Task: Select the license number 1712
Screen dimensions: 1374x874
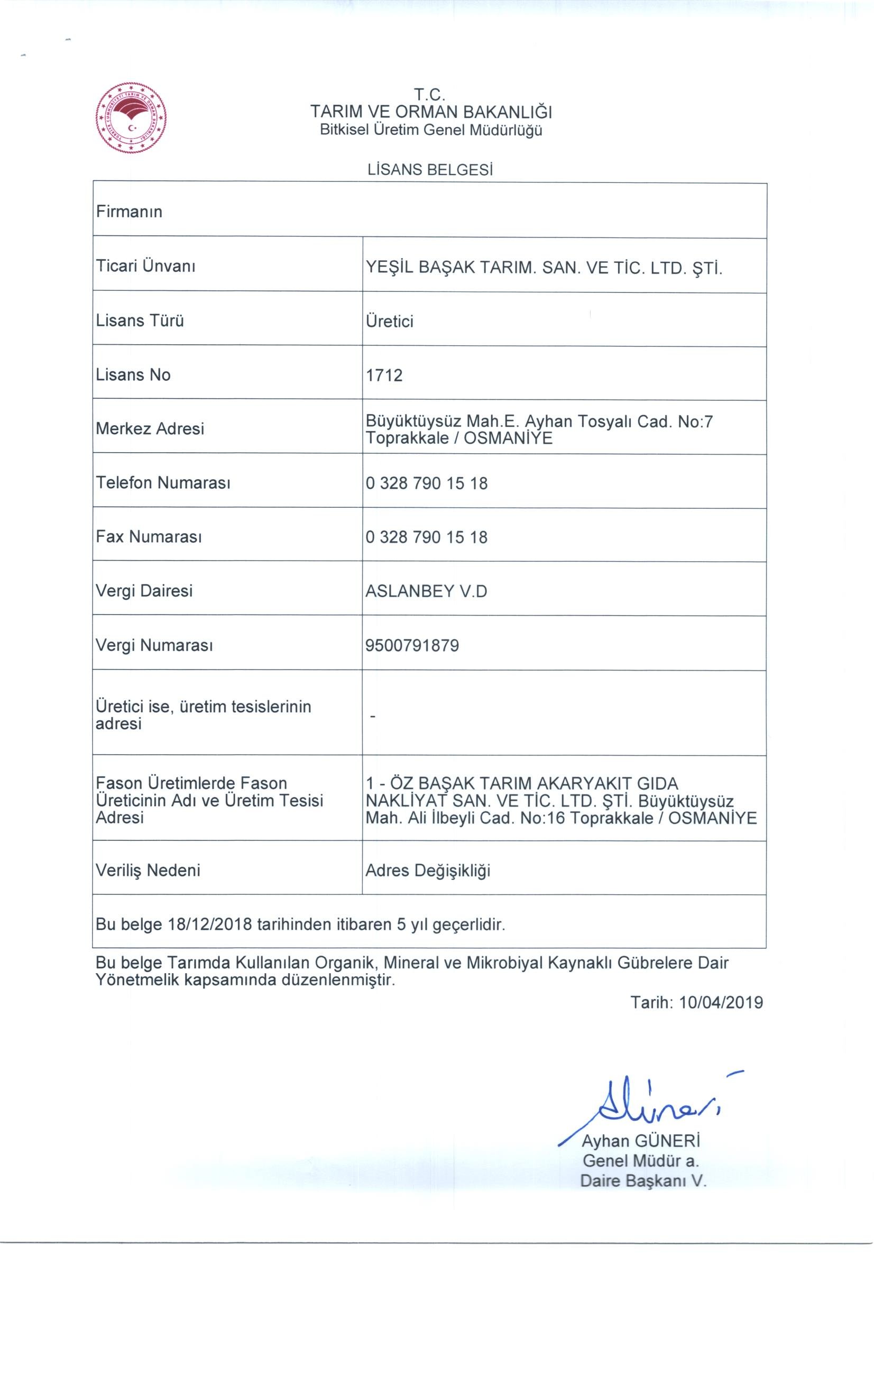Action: point(384,375)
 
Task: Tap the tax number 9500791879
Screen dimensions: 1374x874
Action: point(412,645)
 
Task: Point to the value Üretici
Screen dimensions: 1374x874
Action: point(389,321)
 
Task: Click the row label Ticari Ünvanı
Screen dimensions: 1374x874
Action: point(145,266)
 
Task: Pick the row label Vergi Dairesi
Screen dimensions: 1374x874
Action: point(144,591)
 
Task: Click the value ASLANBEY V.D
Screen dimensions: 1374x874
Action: point(426,591)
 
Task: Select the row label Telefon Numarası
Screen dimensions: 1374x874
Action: point(163,483)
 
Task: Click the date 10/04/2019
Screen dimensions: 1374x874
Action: point(721,1003)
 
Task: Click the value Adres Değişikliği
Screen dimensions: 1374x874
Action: point(428,871)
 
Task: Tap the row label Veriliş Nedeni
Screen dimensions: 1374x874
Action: point(149,870)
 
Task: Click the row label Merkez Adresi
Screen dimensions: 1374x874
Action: point(150,428)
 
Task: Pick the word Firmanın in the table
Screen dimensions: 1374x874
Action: point(130,212)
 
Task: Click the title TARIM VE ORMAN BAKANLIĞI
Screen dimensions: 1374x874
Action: point(431,111)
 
